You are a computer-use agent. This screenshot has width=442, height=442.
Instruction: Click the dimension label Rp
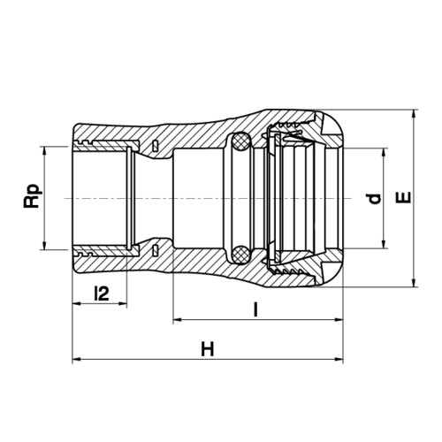[x=32, y=196]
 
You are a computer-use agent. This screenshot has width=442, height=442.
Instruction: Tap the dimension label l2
[x=102, y=293]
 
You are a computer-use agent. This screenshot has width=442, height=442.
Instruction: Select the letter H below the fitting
[x=208, y=349]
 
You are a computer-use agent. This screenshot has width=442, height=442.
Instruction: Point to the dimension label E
[x=403, y=197]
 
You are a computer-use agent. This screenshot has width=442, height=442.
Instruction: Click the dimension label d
[x=375, y=199]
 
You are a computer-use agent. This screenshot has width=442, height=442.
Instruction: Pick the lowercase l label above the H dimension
[x=255, y=309]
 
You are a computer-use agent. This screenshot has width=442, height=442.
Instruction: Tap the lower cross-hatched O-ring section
[x=240, y=254]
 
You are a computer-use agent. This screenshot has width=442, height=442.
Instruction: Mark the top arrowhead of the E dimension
[x=415, y=114]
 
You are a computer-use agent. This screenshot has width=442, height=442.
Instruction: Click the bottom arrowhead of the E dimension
[x=415, y=282]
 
